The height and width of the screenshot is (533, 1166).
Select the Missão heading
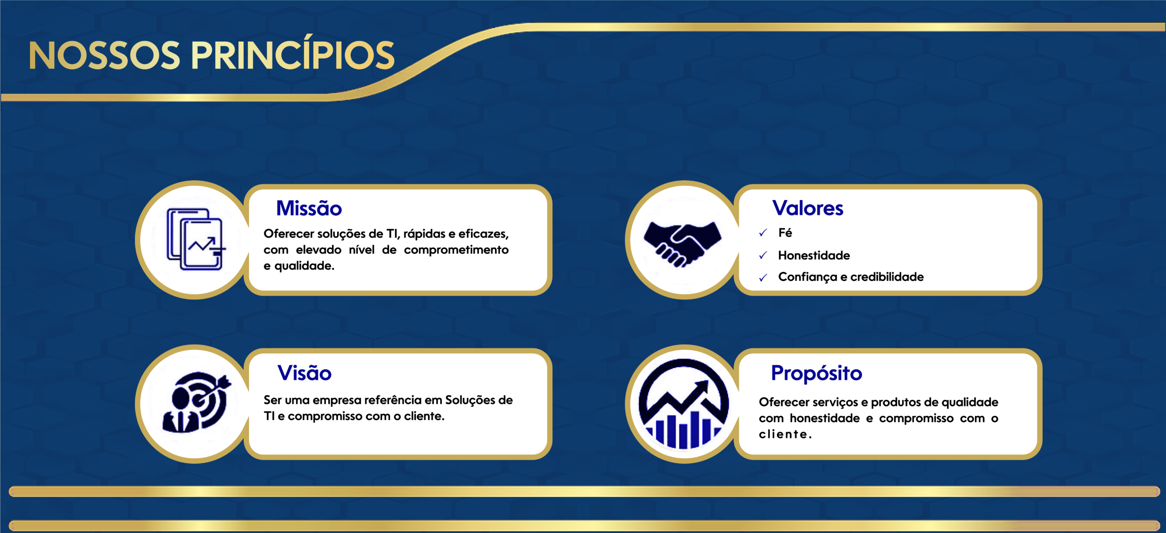[x=309, y=208]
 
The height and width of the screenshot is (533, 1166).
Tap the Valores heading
[x=808, y=208]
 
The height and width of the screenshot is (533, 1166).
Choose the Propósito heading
[x=816, y=374]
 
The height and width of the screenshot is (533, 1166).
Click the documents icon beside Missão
[x=195, y=239]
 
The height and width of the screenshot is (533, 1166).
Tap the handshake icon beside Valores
[x=683, y=243]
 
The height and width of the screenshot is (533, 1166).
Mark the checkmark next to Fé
[x=763, y=233]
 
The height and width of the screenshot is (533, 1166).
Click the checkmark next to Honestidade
[x=763, y=255]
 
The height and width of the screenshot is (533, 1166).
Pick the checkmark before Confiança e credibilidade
[x=763, y=277]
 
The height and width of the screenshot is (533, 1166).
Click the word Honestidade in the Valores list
[x=814, y=256]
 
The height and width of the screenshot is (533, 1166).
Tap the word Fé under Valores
[x=785, y=233]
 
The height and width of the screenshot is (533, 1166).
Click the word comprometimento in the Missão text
[x=456, y=250]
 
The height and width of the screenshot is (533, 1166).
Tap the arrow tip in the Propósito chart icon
[x=707, y=381]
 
